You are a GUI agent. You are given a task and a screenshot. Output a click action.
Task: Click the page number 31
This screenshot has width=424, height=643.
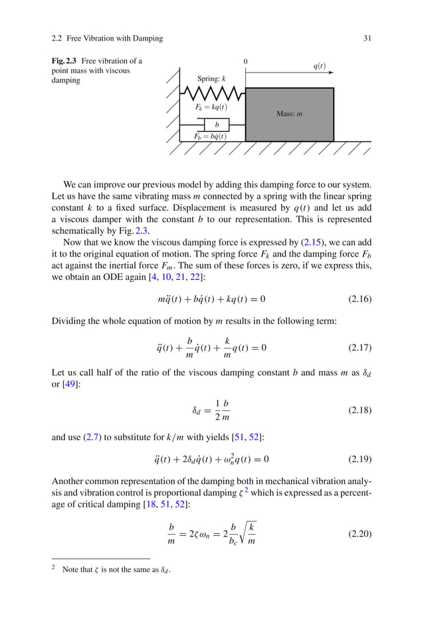coord(367,38)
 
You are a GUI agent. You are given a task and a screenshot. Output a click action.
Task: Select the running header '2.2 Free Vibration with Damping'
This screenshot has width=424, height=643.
coord(107,38)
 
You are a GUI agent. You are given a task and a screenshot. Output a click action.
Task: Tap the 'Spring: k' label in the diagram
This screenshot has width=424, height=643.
coord(211,79)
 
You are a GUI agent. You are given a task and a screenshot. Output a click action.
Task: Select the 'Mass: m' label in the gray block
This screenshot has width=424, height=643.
coord(289,114)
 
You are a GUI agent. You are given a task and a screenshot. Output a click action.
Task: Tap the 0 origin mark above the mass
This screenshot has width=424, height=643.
coord(245,61)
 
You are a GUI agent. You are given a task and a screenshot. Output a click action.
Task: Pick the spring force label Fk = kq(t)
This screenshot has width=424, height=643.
coord(211,106)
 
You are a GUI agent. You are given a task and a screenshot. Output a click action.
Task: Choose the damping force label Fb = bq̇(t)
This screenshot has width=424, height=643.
coord(210,136)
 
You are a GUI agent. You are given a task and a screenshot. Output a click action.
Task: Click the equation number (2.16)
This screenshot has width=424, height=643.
coord(360,299)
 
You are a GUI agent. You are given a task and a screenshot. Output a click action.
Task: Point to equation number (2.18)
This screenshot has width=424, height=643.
coord(360,410)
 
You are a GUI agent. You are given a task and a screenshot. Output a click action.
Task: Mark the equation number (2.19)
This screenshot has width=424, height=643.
coord(360,459)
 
